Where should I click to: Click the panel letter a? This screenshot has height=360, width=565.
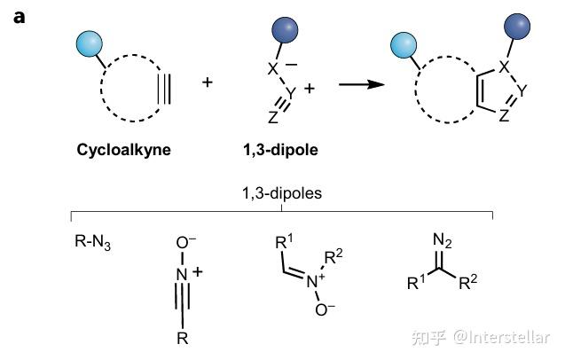(19, 18)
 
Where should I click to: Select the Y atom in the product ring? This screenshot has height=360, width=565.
(522, 89)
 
